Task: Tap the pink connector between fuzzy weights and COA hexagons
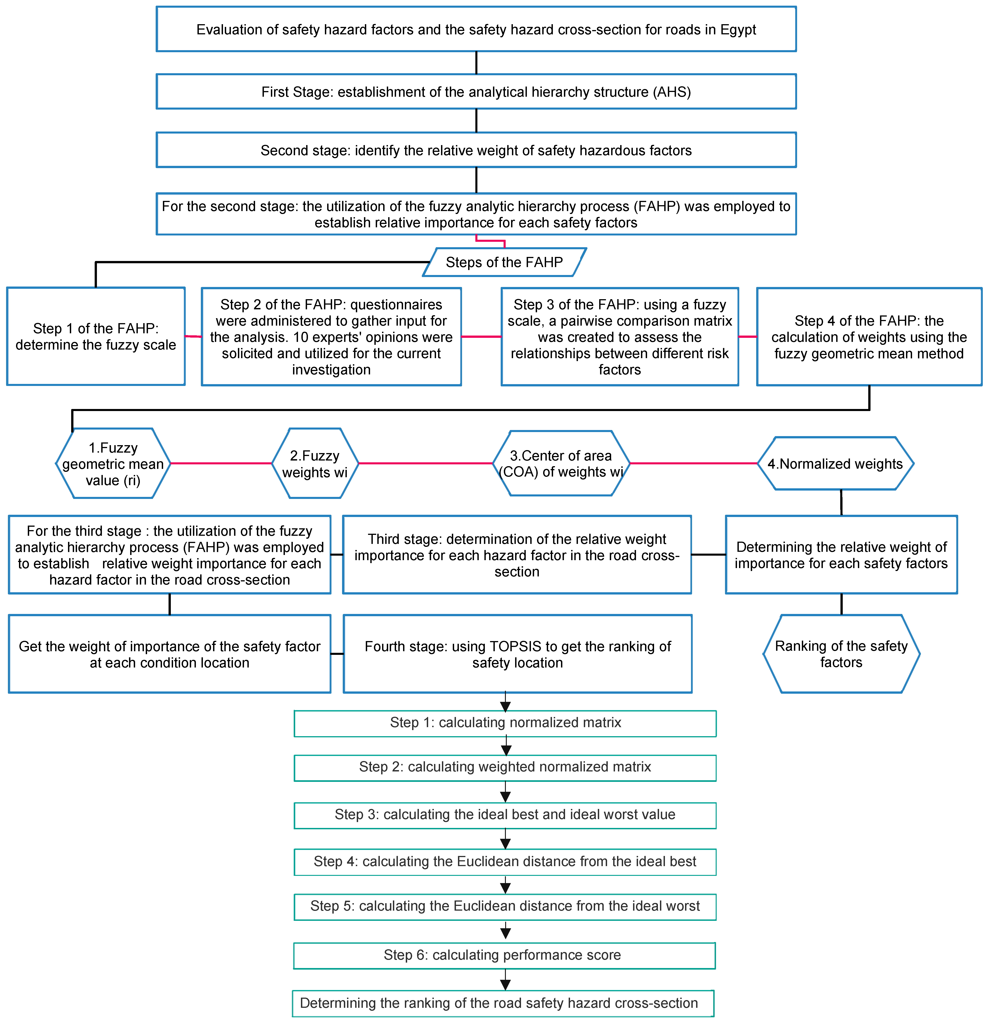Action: pos(426,463)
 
